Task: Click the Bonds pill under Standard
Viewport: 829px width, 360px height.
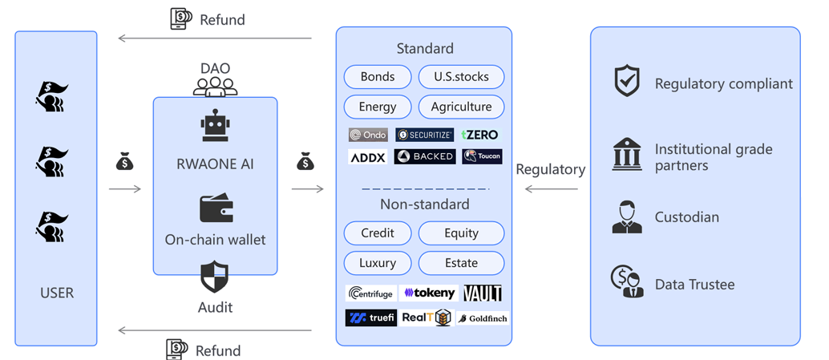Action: tap(378, 77)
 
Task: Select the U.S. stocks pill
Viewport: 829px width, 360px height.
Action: tap(461, 77)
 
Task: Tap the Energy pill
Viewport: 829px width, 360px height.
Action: tap(378, 107)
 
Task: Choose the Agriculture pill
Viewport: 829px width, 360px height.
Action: tap(461, 107)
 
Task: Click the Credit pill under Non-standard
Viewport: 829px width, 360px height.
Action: tap(378, 233)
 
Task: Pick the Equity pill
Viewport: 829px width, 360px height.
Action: tap(461, 233)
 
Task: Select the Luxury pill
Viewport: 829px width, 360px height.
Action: tap(378, 263)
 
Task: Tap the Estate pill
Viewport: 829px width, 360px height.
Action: tap(461, 263)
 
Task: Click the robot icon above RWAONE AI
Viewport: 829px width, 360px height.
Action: tap(215, 128)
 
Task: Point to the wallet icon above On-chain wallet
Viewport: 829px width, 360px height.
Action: tap(216, 208)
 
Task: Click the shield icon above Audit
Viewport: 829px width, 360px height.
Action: tap(214, 277)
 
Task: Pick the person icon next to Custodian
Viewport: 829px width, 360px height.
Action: tap(627, 216)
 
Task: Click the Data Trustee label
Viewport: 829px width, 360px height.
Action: tap(694, 285)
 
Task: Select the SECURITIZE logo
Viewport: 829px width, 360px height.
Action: tap(424, 135)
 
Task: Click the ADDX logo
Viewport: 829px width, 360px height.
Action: tap(368, 157)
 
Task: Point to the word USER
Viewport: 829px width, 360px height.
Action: tap(57, 293)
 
